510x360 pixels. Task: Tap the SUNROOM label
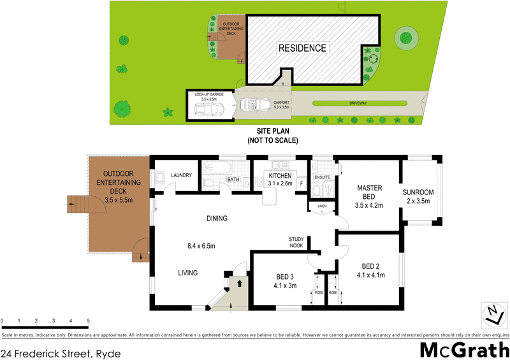[418, 192]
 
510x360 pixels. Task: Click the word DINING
[217, 219]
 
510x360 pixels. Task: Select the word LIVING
[187, 273]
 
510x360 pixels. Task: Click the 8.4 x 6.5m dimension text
[201, 245]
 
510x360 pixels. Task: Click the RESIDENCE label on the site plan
[302, 48]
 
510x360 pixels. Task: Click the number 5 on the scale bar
[88, 320]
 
